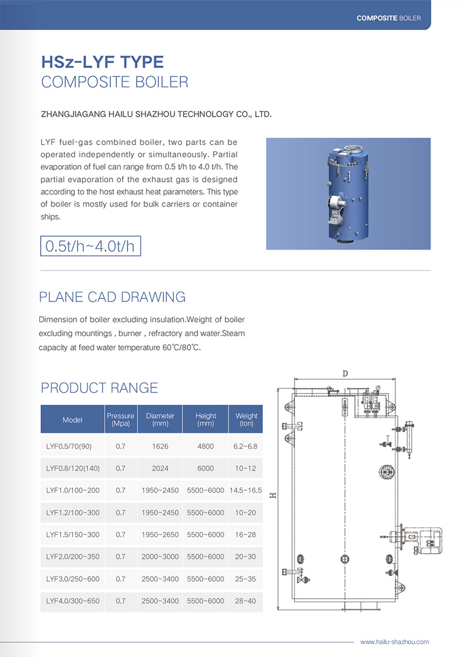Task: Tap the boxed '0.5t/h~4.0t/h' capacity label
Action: pyautogui.click(x=90, y=246)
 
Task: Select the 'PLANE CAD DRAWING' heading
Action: pyautogui.click(x=112, y=297)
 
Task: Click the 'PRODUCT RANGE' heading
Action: pyautogui.click(x=99, y=388)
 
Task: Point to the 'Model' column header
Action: pyautogui.click(x=73, y=420)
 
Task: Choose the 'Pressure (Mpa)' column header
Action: pyautogui.click(x=120, y=420)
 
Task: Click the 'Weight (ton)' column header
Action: pyautogui.click(x=246, y=420)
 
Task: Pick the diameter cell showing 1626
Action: pyautogui.click(x=160, y=447)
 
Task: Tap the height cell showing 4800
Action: pyautogui.click(x=205, y=447)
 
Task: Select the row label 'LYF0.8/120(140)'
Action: pyautogui.click(x=73, y=468)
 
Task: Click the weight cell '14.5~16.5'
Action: pyautogui.click(x=245, y=491)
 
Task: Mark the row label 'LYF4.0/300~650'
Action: pyautogui.click(x=73, y=601)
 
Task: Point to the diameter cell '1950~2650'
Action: pyautogui.click(x=160, y=535)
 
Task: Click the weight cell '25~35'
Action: pyautogui.click(x=245, y=579)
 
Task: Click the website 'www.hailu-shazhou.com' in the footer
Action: pyautogui.click(x=394, y=642)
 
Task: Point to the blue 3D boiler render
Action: pyautogui.click(x=349, y=194)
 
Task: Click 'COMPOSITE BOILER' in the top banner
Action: pyautogui.click(x=389, y=18)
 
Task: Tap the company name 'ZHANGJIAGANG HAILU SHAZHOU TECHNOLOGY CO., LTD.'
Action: pyautogui.click(x=157, y=114)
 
